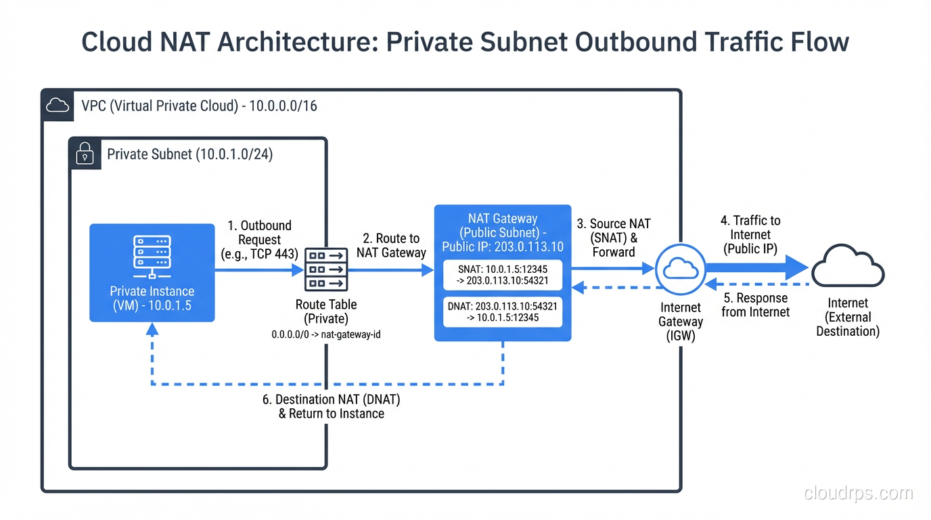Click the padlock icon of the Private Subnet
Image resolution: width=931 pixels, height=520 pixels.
tap(85, 154)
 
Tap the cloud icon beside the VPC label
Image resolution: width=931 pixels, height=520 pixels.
tap(58, 106)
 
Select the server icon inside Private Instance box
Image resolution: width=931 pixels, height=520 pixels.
tap(152, 256)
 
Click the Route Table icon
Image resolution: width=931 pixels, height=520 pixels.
tap(326, 269)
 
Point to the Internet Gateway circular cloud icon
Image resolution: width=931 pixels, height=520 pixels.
tap(680, 269)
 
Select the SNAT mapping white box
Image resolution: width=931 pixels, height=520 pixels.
tap(502, 275)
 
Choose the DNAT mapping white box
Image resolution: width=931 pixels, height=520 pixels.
tap(502, 311)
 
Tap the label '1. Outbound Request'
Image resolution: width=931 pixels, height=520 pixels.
tap(260, 240)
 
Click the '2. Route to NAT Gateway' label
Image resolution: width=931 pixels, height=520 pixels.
tap(391, 245)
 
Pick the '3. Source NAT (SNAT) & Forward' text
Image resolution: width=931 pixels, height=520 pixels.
tap(614, 238)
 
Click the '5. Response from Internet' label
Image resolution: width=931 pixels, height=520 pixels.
tap(756, 305)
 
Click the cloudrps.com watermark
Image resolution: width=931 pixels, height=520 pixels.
tap(858, 493)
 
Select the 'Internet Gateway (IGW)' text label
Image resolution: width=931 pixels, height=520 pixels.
tap(681, 321)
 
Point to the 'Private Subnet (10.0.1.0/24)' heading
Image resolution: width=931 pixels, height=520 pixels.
tap(189, 154)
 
